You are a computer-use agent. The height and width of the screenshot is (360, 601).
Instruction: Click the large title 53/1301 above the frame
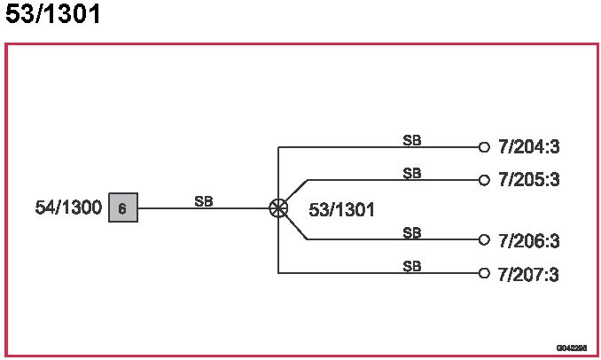[x=53, y=15]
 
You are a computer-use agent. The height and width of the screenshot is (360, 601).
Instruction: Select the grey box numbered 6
[x=123, y=208]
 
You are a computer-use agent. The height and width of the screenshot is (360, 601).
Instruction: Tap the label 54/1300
[x=68, y=208]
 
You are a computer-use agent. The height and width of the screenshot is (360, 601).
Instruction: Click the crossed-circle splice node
[x=278, y=208]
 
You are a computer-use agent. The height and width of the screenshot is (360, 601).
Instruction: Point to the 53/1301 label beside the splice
[x=341, y=210]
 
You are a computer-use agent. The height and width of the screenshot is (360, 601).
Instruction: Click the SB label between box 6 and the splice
[x=204, y=201]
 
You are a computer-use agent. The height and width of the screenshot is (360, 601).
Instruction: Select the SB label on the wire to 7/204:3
[x=412, y=140]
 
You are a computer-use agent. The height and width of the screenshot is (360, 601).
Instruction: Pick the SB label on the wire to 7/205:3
[x=412, y=173]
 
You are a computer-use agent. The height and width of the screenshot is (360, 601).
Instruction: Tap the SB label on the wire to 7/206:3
[x=412, y=233]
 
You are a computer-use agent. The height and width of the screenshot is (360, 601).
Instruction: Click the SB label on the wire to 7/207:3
[x=412, y=266]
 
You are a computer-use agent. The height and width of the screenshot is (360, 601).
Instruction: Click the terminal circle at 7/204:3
[x=484, y=147]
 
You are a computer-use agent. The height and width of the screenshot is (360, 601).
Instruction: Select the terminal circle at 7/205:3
[x=484, y=180]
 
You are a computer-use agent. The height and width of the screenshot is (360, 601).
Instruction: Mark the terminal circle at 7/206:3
[x=484, y=239]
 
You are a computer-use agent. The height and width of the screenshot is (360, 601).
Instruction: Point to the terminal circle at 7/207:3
[x=484, y=273]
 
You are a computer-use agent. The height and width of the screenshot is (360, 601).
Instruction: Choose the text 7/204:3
[x=528, y=147]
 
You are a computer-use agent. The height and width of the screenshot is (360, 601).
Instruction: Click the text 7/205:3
[x=528, y=180]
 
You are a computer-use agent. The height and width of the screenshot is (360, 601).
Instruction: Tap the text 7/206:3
[x=528, y=241]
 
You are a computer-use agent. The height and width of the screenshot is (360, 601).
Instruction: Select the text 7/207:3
[x=528, y=274]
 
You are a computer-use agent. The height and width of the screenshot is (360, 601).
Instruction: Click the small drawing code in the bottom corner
[x=572, y=348]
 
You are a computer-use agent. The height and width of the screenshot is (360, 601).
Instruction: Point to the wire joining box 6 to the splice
[x=230, y=209]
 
